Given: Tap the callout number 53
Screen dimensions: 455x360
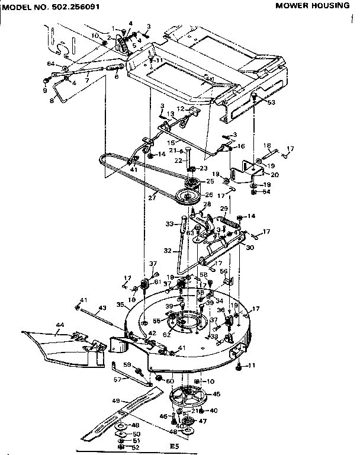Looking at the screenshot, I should [272, 102].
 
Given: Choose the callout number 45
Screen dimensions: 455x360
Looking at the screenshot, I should [216, 393].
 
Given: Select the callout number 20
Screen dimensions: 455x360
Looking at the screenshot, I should [274, 175].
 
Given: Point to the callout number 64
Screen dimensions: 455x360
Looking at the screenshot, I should [50, 63].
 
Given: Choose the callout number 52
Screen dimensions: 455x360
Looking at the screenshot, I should [136, 447].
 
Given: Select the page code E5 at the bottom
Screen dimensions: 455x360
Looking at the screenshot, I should [173, 446].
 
